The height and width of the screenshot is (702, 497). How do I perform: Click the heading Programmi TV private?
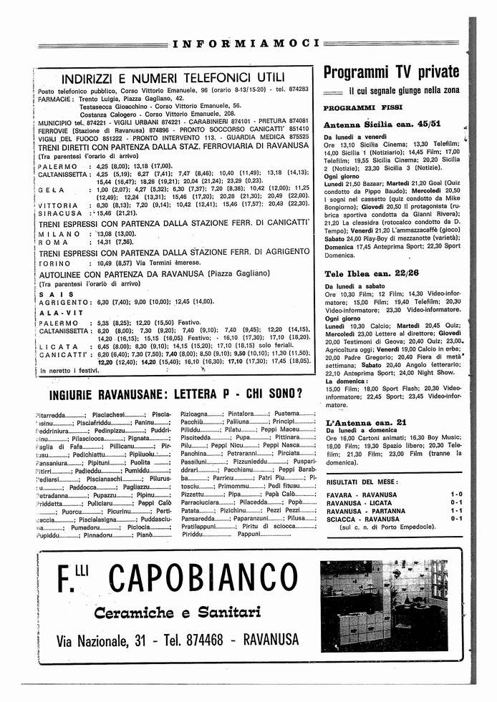(391, 72)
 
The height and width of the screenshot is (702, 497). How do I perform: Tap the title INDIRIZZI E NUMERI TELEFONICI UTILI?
(173, 77)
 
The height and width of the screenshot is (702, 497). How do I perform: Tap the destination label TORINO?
(58, 263)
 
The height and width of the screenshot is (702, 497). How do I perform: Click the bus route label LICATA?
(58, 346)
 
